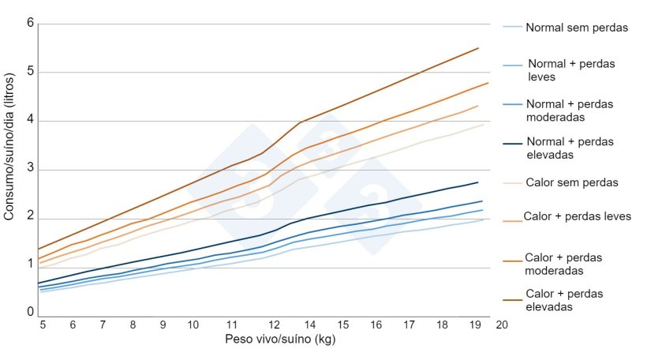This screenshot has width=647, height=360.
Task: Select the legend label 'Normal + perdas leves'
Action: pyautogui.click(x=571, y=70)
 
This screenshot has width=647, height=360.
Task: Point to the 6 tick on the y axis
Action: pyautogui.click(x=31, y=23)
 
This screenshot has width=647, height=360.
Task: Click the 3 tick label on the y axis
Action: pyautogui.click(x=31, y=170)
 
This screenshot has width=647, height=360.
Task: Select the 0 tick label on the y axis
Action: pyautogui.click(x=31, y=313)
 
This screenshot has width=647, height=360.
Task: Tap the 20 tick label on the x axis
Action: pyautogui.click(x=502, y=324)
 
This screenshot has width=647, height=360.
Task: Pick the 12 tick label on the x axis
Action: pyautogui.click(x=274, y=324)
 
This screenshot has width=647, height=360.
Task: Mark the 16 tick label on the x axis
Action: pyautogui.click(x=376, y=324)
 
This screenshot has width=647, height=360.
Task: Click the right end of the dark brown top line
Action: pyautogui.click(x=478, y=48)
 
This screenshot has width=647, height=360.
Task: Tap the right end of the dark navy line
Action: pyautogui.click(x=478, y=182)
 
